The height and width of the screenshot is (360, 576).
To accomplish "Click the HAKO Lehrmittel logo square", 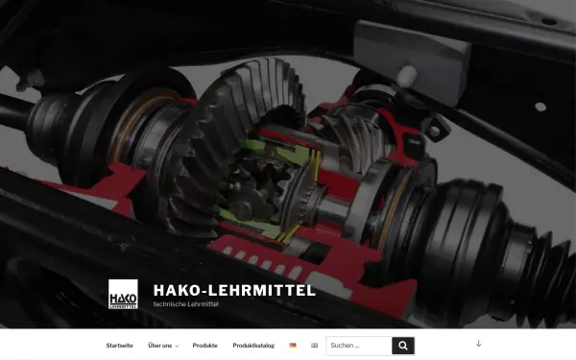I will pos(123,294).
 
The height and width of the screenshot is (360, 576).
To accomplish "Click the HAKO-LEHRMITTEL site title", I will pos(233,290).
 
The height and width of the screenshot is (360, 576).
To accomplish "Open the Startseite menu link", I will pos(119,346).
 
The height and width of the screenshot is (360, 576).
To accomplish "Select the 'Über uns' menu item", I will pos(160,346).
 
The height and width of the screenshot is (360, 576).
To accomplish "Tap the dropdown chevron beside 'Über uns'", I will pos(177,347).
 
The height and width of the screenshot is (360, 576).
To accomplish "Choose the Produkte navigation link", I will pos(204,346).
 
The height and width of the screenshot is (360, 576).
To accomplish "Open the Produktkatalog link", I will pos(253,346).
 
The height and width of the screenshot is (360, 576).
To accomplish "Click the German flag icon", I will pos(293,346).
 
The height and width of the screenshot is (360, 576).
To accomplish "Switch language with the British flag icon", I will pos(314,346).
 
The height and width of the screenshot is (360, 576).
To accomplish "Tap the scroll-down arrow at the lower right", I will pos(478,344).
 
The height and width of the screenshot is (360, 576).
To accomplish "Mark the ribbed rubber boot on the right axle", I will pos(480,221).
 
